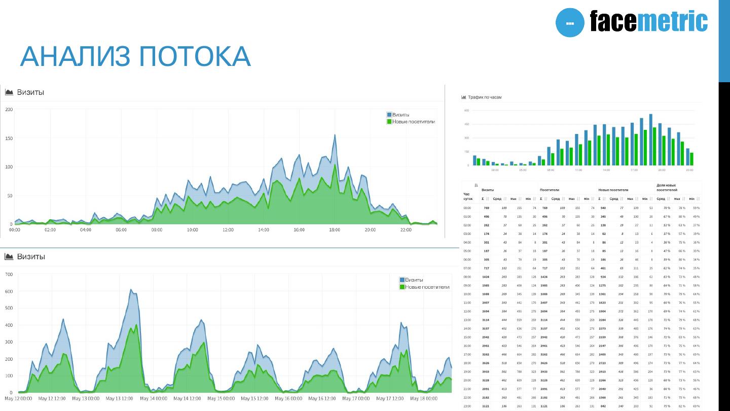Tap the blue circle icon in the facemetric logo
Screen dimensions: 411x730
pos(570,23)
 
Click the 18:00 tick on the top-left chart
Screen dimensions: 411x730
pos(335,230)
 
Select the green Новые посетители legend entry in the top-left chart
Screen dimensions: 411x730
pos(411,122)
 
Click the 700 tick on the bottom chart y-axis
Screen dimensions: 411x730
pos(9,275)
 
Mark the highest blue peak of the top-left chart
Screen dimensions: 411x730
pos(335,135)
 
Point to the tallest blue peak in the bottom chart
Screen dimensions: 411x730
pos(131,290)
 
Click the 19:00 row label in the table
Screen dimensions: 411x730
pos(467,372)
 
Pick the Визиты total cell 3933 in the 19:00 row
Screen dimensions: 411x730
pos(486,372)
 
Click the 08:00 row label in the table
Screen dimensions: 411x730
pos(467,277)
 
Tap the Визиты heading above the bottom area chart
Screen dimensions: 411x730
pos(31,257)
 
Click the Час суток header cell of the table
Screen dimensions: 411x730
pos(468,196)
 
